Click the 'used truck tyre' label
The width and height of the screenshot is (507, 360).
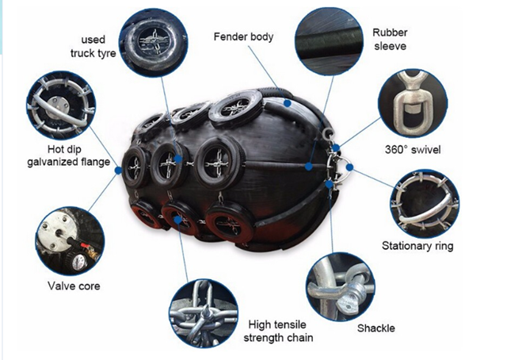pyautogui.click(x=93, y=46)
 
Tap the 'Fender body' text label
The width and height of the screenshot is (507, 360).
pyautogui.click(x=243, y=36)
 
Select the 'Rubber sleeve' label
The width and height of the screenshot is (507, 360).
pyautogui.click(x=390, y=39)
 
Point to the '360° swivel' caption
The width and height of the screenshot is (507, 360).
pyautogui.click(x=413, y=150)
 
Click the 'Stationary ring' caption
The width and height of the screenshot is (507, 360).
pyautogui.click(x=417, y=246)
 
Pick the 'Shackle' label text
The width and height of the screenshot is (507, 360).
pyautogui.click(x=376, y=328)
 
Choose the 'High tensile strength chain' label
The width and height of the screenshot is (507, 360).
pyautogui.click(x=278, y=331)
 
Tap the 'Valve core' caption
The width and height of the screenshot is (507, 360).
pyautogui.click(x=74, y=286)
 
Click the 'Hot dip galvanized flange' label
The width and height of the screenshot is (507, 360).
pyautogui.click(x=69, y=155)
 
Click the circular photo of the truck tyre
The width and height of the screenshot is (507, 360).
pyautogui.click(x=153, y=42)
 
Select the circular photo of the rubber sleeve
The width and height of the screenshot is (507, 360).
pyautogui.click(x=329, y=41)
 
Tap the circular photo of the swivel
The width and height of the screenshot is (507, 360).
pyautogui.click(x=413, y=103)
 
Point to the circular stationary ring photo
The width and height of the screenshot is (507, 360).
pyautogui.click(x=425, y=204)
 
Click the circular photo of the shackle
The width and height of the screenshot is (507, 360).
pyautogui.click(x=341, y=287)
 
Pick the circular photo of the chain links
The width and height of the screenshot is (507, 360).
pyautogui.click(x=204, y=314)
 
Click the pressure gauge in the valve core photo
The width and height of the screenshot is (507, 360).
pyautogui.click(x=78, y=262)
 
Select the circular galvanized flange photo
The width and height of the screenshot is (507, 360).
pyautogui.click(x=61, y=105)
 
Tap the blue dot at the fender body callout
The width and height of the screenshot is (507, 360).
pyautogui.click(x=287, y=103)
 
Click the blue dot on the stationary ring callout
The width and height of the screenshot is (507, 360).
pyautogui.click(x=349, y=167)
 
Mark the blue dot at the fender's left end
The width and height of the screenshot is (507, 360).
pyautogui.click(x=118, y=170)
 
